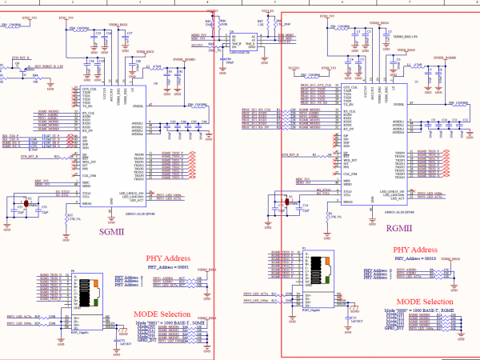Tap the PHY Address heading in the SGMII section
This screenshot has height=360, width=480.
[x=168, y=258]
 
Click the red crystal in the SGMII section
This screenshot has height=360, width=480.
[x=27, y=205]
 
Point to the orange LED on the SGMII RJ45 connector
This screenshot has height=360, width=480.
[x=96, y=283]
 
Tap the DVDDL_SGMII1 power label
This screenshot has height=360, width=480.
[x=183, y=59]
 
